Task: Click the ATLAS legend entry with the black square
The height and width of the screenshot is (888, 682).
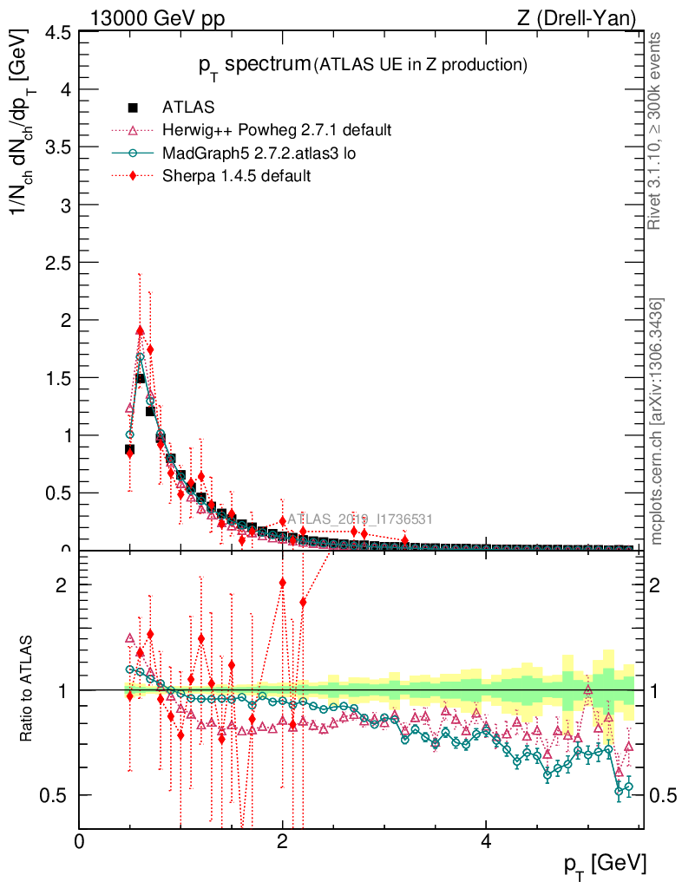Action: click(x=188, y=108)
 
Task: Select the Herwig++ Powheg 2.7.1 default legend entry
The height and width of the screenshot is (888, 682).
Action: click(x=277, y=130)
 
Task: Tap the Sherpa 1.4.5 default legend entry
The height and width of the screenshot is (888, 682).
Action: click(x=237, y=175)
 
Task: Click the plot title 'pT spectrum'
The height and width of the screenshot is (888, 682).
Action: click(x=253, y=64)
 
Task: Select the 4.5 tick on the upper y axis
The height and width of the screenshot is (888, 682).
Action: click(x=58, y=33)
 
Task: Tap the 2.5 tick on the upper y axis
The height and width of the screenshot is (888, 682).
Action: click(x=58, y=263)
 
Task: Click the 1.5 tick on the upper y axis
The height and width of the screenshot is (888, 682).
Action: click(x=58, y=378)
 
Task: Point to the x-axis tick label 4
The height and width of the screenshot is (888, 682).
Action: click(x=486, y=842)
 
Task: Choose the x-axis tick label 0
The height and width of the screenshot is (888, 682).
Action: click(x=80, y=842)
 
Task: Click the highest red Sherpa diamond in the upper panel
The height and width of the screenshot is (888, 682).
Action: click(x=140, y=330)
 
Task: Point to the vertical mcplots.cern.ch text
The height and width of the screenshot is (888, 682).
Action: click(x=657, y=421)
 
